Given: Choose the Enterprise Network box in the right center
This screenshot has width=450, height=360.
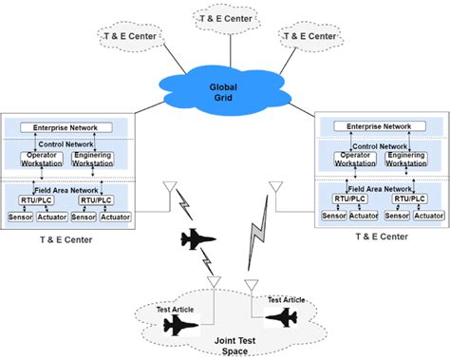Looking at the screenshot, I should (x=378, y=125).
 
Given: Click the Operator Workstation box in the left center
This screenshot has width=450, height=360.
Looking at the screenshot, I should (x=44, y=159).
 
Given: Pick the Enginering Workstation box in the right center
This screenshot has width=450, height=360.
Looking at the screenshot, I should (x=405, y=158).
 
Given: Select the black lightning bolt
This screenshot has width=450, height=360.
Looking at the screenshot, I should (x=190, y=214).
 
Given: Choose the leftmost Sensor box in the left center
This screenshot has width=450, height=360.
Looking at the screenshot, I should (x=21, y=218).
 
